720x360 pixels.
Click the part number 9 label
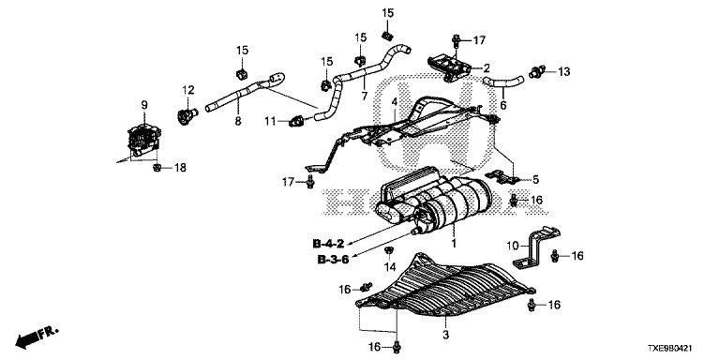click(x=144, y=105)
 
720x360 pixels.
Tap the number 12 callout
click(x=188, y=90)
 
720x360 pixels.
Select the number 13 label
click(x=563, y=71)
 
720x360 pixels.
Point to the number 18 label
click(x=180, y=168)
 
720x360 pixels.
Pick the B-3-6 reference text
click(x=333, y=260)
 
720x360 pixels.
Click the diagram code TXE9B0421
click(x=676, y=349)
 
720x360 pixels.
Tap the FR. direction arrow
click(x=37, y=337)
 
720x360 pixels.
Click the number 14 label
click(x=389, y=267)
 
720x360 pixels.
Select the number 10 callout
click(x=514, y=246)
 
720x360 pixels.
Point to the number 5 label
click(x=535, y=180)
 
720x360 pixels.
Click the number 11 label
click(x=270, y=121)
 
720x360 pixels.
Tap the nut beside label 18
click(x=157, y=168)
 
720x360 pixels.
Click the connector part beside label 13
click(x=537, y=72)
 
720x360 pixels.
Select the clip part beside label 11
click(x=296, y=122)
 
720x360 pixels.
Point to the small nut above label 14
click(x=388, y=250)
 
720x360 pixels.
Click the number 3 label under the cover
click(x=445, y=335)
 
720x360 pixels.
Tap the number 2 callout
click(x=487, y=68)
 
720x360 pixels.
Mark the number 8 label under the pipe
click(x=238, y=121)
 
